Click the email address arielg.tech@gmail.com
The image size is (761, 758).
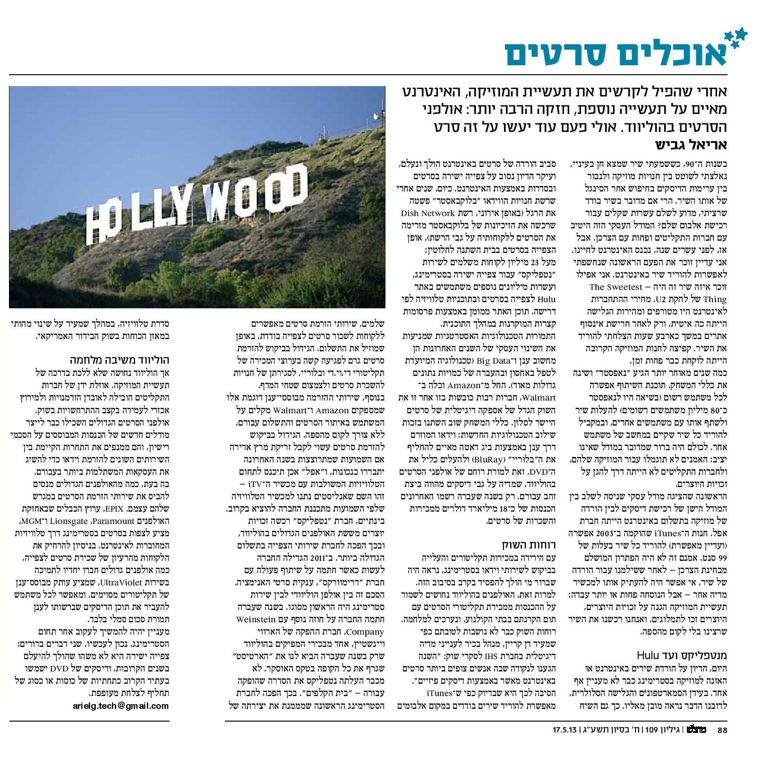click(120, 706)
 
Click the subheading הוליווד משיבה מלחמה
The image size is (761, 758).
click(120, 360)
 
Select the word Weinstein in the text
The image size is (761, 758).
click(256, 619)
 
